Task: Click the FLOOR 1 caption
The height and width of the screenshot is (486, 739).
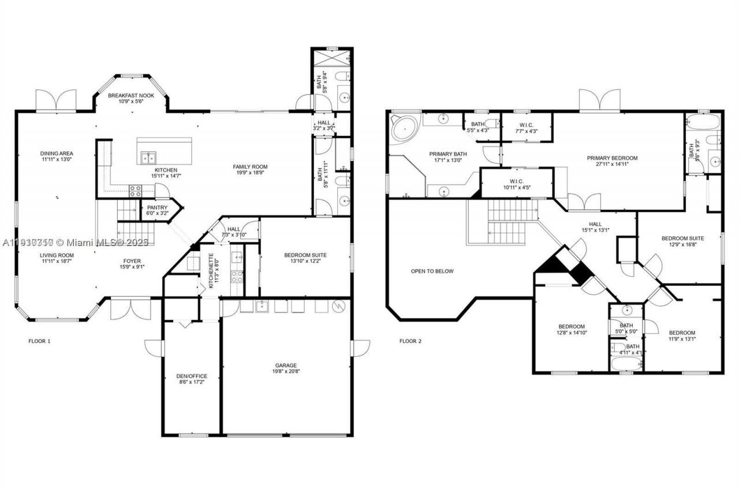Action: [40, 341]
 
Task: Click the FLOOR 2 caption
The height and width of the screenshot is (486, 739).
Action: [410, 341]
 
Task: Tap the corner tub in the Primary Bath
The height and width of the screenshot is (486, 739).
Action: [405, 128]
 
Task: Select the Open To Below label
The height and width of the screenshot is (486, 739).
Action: [432, 271]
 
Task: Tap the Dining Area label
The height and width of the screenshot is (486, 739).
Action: [57, 154]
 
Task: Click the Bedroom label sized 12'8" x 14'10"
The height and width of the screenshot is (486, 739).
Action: [570, 326]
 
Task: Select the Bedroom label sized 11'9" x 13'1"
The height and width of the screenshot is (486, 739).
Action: [682, 332]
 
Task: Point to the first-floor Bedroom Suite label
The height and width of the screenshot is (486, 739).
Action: [305, 255]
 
